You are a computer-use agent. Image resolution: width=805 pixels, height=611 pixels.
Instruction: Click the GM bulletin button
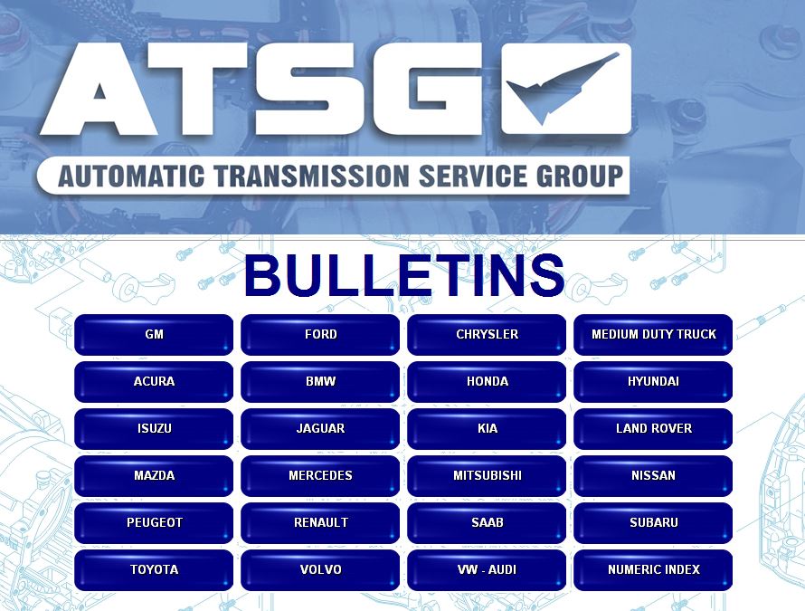pos(154,335)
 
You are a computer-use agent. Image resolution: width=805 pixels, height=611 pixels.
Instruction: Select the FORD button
pos(320,335)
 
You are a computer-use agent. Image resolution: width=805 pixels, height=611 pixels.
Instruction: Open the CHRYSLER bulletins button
pos(487,335)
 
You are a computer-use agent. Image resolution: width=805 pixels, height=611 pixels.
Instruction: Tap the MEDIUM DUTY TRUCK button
pos(653,335)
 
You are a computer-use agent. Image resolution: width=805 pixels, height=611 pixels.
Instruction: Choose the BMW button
pos(320,382)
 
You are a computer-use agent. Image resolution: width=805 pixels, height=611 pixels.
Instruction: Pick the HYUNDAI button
pos(653,382)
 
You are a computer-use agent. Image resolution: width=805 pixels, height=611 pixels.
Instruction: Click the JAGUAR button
pos(320,428)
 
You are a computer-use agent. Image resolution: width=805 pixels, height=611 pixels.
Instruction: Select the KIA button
pos(487,428)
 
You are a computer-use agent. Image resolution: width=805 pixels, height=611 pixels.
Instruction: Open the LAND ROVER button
pos(653,428)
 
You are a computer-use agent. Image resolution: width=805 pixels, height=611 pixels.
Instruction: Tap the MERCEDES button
pos(320,476)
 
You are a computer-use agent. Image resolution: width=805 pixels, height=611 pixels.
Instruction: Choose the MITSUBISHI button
pos(487,476)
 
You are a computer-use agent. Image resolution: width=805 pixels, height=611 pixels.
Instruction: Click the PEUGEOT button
pos(154,523)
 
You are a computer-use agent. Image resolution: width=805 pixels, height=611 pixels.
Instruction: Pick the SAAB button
pos(487,523)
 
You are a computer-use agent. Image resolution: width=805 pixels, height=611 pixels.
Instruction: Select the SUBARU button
pos(653,523)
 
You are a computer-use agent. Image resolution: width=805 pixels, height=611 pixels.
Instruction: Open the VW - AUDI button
pos(487,570)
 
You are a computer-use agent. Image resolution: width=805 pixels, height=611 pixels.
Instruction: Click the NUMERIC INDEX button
pos(653,570)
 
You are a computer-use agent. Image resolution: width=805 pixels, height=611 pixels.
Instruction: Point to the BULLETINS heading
pos(404,275)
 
